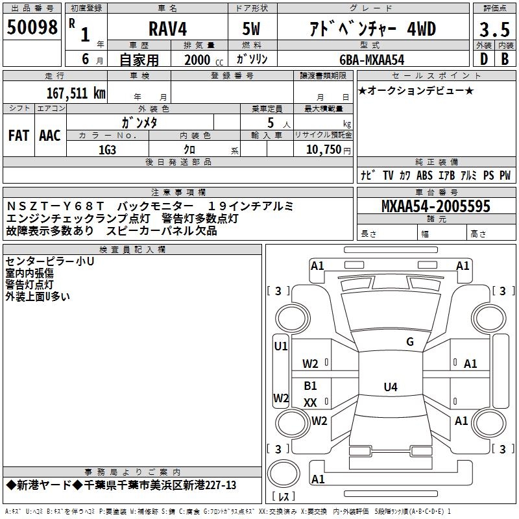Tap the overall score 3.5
[494, 30]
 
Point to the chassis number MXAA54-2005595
[435, 207]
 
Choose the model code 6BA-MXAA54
[371, 60]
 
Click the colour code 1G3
[107, 149]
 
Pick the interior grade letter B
[504, 60]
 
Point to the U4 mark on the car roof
[390, 387]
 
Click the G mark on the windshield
[409, 342]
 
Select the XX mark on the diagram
[310, 403]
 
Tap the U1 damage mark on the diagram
[280, 346]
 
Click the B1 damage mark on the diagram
[311, 386]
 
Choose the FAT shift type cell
[18, 135]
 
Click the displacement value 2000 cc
[198, 60]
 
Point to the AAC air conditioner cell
[50, 135]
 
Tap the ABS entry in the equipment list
[424, 176]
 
